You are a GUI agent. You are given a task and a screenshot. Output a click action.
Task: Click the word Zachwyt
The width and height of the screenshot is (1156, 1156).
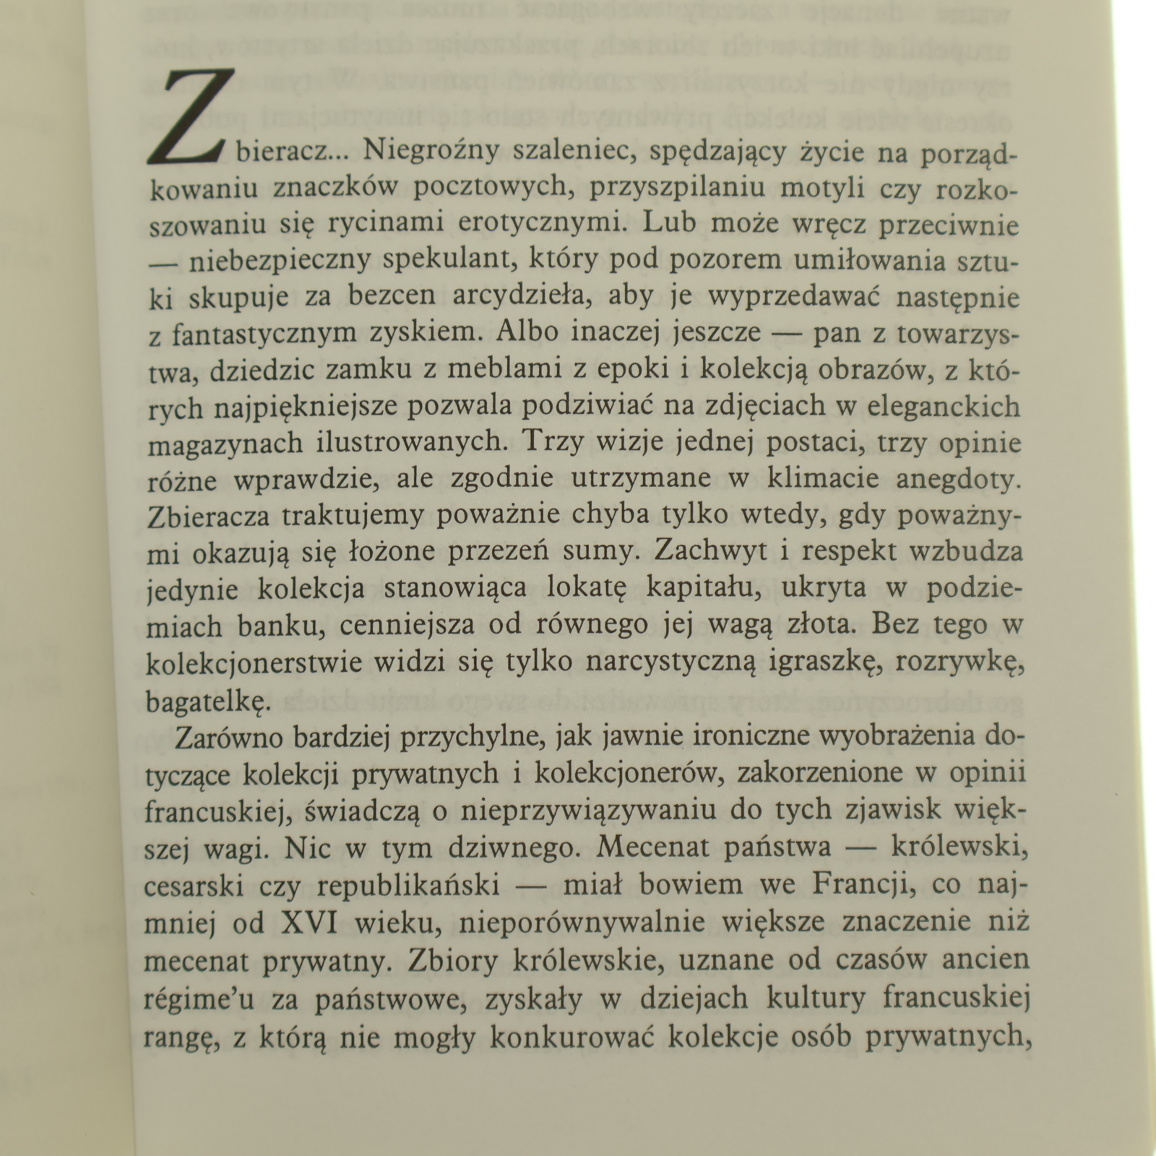(x=704, y=551)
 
